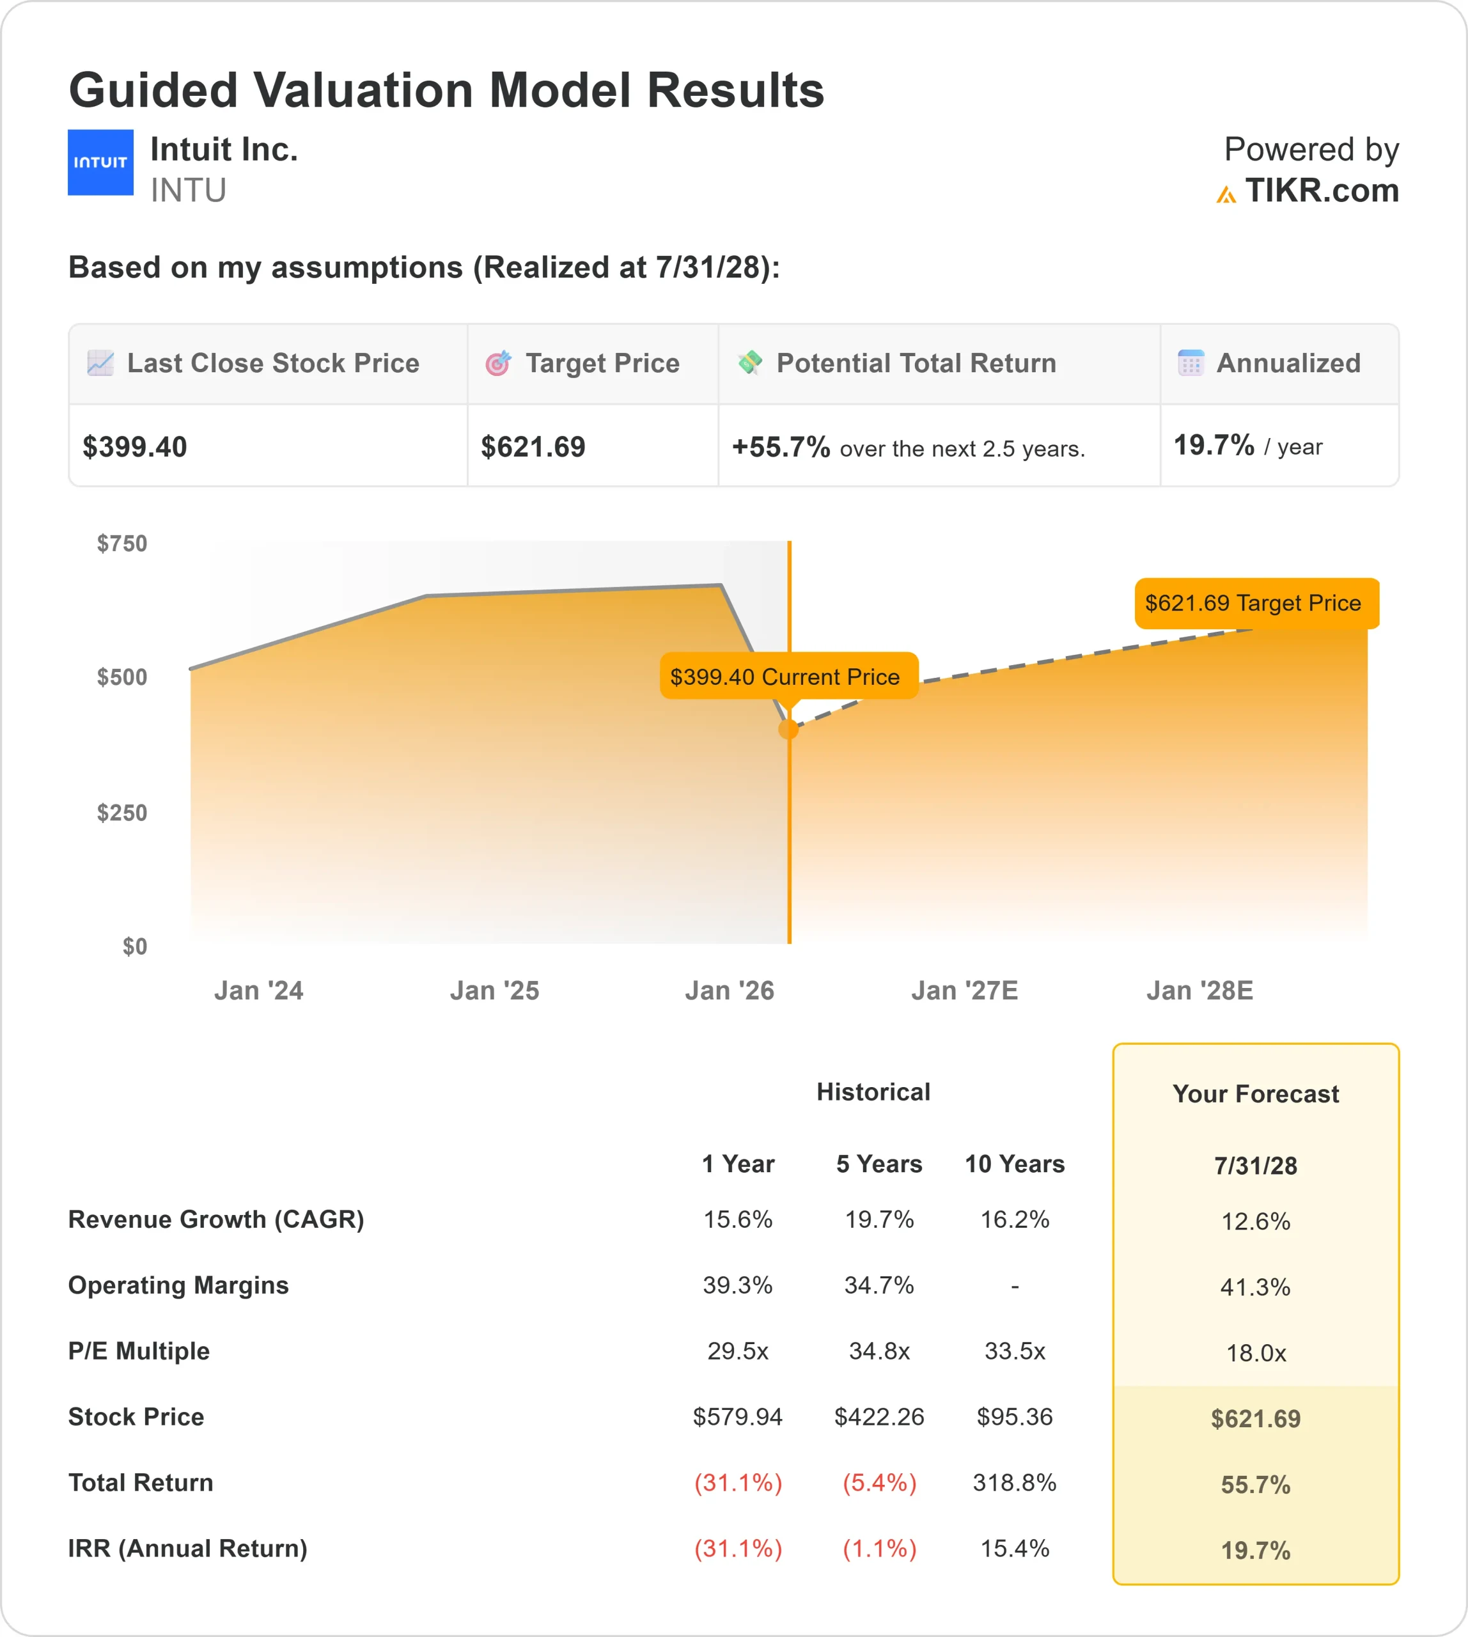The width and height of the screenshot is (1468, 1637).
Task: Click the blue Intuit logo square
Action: [x=100, y=162]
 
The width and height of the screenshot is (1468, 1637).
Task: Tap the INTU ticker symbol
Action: [x=188, y=191]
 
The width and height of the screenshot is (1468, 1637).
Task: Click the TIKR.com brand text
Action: [x=1321, y=191]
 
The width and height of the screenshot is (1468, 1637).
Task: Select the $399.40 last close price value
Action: [x=135, y=447]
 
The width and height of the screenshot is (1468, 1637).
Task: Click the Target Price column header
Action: [x=602, y=364]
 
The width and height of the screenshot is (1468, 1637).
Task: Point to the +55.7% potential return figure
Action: [x=780, y=447]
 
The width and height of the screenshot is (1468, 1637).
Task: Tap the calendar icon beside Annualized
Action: [x=1191, y=363]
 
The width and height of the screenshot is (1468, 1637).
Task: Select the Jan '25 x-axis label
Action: [x=494, y=991]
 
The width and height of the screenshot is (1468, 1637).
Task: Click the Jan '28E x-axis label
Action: [x=1199, y=991]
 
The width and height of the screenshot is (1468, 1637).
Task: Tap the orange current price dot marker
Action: [x=789, y=730]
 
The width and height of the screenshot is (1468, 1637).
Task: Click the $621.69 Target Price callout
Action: [x=1256, y=604]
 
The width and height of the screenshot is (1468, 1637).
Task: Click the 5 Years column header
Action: [x=878, y=1164]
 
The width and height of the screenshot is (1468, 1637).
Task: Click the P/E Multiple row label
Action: [x=139, y=1351]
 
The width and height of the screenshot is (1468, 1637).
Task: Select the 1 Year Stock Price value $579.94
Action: [x=737, y=1417]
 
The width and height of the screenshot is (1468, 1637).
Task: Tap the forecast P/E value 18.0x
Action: [x=1255, y=1353]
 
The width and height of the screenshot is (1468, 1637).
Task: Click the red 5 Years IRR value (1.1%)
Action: [x=879, y=1549]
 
